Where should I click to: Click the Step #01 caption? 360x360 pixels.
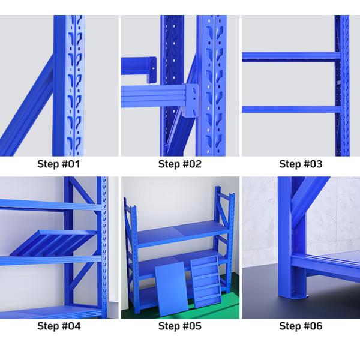(59, 164)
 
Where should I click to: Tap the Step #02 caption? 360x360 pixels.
(180, 164)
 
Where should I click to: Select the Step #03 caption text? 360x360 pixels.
(301, 164)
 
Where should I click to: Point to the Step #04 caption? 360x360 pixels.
(59, 326)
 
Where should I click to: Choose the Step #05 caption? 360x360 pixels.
(180, 326)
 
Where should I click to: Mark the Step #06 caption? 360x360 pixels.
(301, 326)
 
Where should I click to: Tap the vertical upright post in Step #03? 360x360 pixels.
(341, 84)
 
